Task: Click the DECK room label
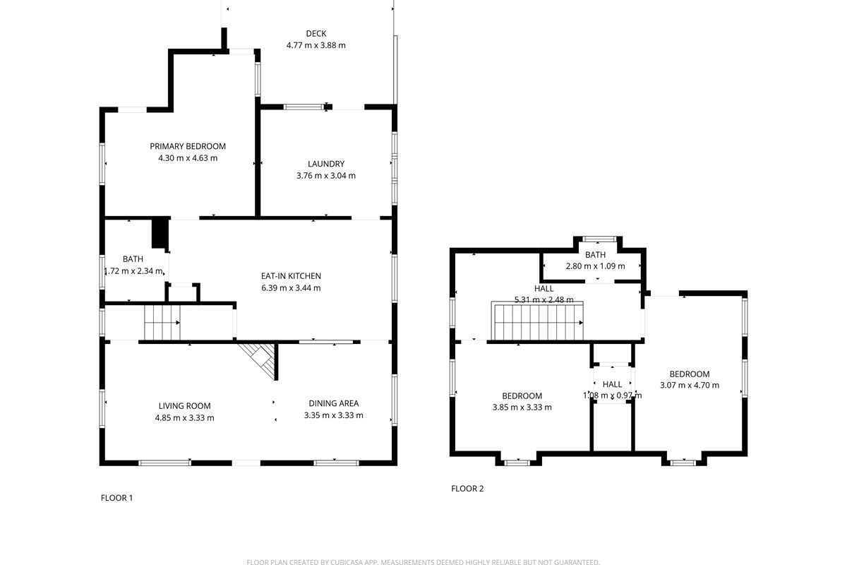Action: point(316,33)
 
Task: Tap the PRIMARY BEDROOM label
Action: point(188,146)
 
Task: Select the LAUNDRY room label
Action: point(326,164)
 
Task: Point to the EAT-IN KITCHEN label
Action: point(291,276)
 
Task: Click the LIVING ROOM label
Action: point(184,406)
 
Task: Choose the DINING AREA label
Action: point(333,403)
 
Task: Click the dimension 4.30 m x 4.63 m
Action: point(188,158)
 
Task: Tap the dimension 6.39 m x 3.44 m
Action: point(291,288)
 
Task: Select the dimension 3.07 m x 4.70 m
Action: point(689,386)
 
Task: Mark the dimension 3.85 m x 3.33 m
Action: point(522,408)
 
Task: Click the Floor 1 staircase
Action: point(162,323)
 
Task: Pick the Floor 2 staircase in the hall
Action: point(538,322)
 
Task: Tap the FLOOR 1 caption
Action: point(116,498)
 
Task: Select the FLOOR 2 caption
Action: point(467,489)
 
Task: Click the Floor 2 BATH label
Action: point(595,255)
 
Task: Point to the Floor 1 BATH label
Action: point(133,259)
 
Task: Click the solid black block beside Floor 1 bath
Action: point(160,233)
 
